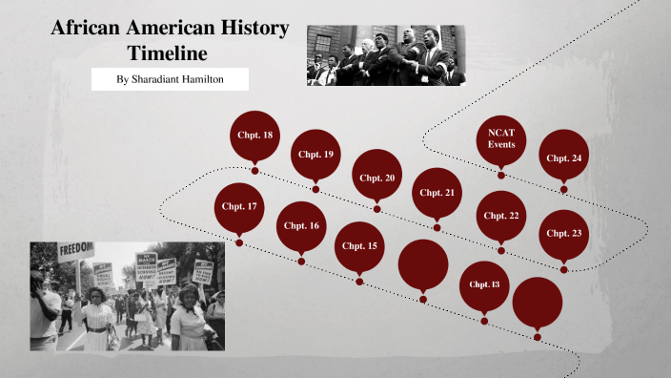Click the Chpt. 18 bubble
coord(254,136)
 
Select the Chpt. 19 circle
coord(315,154)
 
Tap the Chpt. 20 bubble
coord(376,177)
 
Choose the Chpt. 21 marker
coord(437,192)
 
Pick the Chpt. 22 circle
coord(501,215)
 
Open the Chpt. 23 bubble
coord(563,233)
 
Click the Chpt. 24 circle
coord(563,157)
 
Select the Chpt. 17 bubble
coord(239,206)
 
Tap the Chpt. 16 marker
coord(301,225)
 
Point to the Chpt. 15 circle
coord(359,245)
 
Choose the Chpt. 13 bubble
coord(484,284)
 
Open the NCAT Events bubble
coord(501,139)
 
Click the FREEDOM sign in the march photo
coord(75,249)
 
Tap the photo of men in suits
coord(385,56)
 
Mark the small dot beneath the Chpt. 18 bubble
coord(254,171)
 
